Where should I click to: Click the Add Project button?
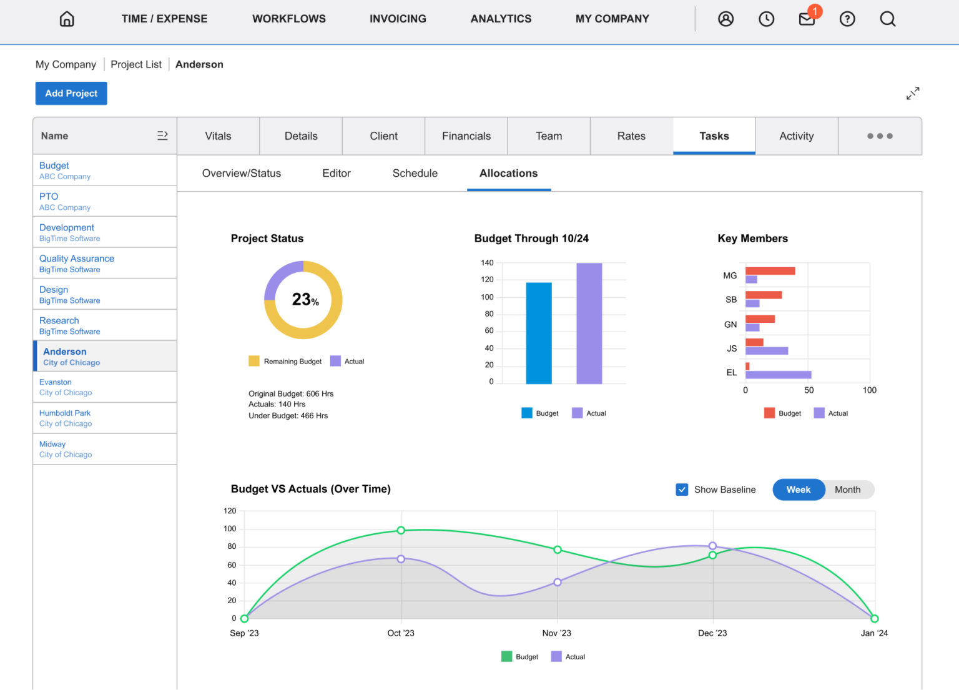click(71, 93)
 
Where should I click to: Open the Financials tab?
click(466, 136)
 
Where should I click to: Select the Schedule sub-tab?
click(415, 174)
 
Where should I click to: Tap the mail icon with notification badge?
click(807, 19)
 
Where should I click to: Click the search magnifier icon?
click(887, 19)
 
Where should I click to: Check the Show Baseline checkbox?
click(682, 490)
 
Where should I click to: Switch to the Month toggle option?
click(847, 490)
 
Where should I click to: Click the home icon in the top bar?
click(67, 19)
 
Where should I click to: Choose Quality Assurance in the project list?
click(77, 259)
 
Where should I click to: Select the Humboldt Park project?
click(65, 413)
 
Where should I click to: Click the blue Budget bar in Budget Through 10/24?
click(539, 333)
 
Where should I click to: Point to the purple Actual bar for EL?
click(778, 375)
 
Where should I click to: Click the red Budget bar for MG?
click(770, 271)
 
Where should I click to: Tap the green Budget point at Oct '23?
click(401, 530)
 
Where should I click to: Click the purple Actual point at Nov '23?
click(558, 582)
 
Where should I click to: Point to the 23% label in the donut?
click(305, 300)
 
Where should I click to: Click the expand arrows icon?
click(913, 94)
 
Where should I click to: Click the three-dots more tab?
click(880, 136)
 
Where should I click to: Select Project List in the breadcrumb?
click(136, 64)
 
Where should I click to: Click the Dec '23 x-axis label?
click(712, 633)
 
